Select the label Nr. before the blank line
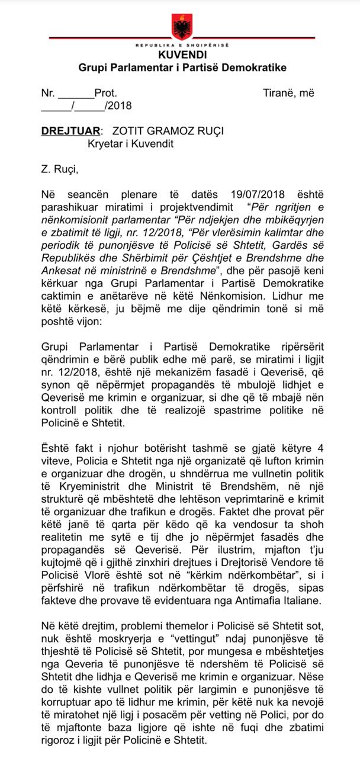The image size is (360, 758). (x=48, y=93)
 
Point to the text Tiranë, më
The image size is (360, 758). (x=289, y=93)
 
